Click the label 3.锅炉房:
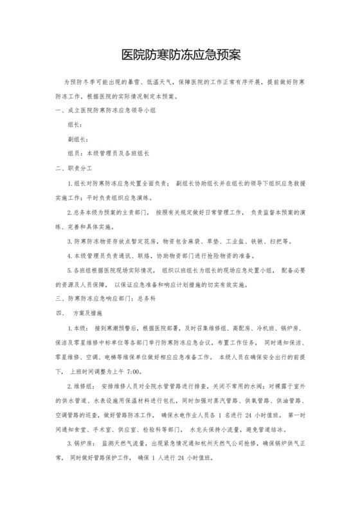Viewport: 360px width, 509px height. (x=81, y=443)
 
